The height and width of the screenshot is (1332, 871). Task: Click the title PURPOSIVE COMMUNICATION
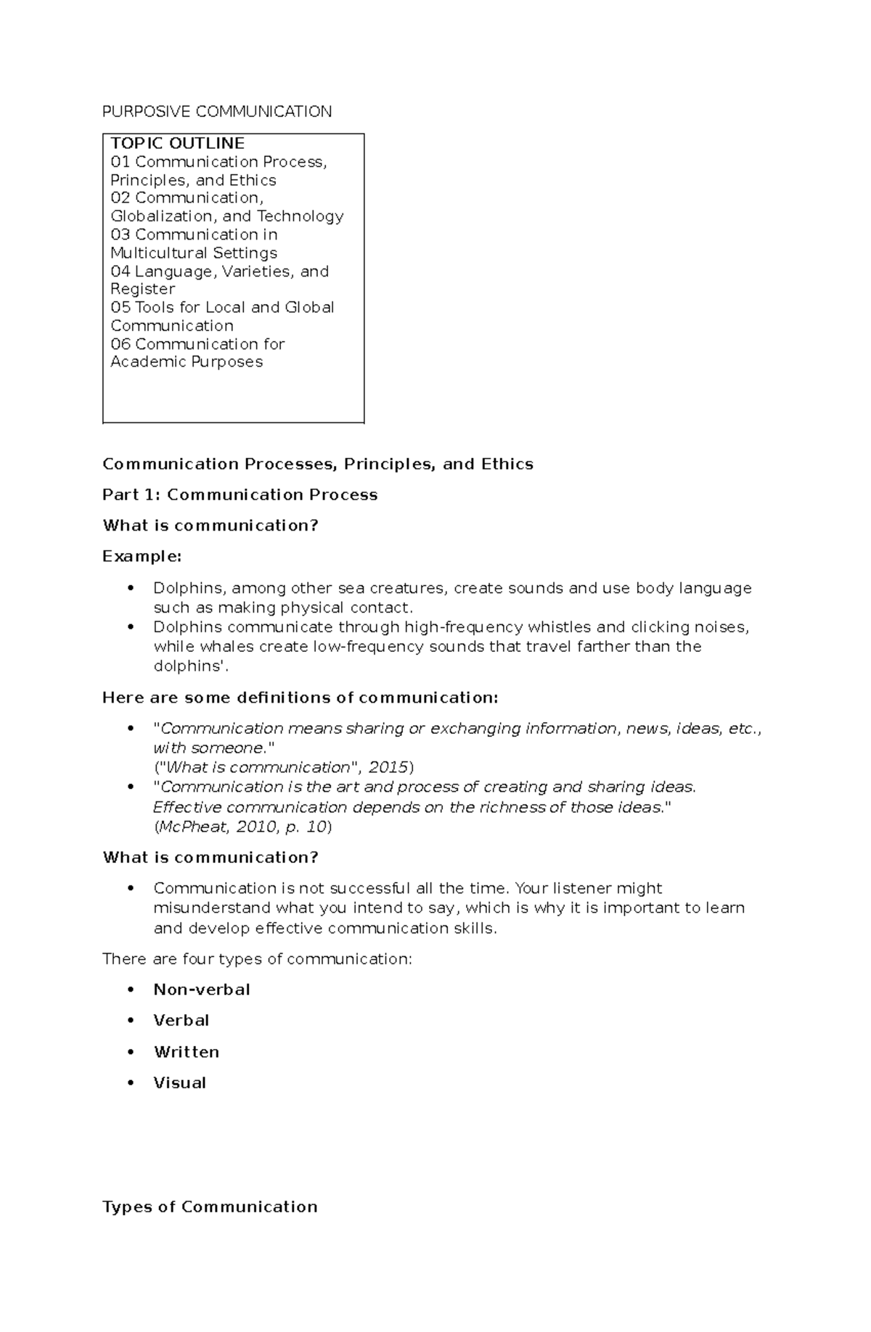(x=217, y=111)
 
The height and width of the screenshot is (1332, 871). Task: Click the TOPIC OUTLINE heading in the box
(x=177, y=143)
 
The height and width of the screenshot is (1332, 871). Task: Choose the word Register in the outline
(x=142, y=289)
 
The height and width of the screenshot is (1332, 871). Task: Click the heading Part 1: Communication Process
(x=240, y=494)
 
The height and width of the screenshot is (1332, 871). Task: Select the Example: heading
(x=142, y=556)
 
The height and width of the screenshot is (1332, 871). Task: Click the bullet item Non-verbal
(x=201, y=989)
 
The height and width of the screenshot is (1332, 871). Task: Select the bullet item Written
(x=186, y=1052)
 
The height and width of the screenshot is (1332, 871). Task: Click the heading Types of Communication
(x=210, y=1206)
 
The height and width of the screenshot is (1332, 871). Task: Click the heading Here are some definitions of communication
(x=300, y=698)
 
